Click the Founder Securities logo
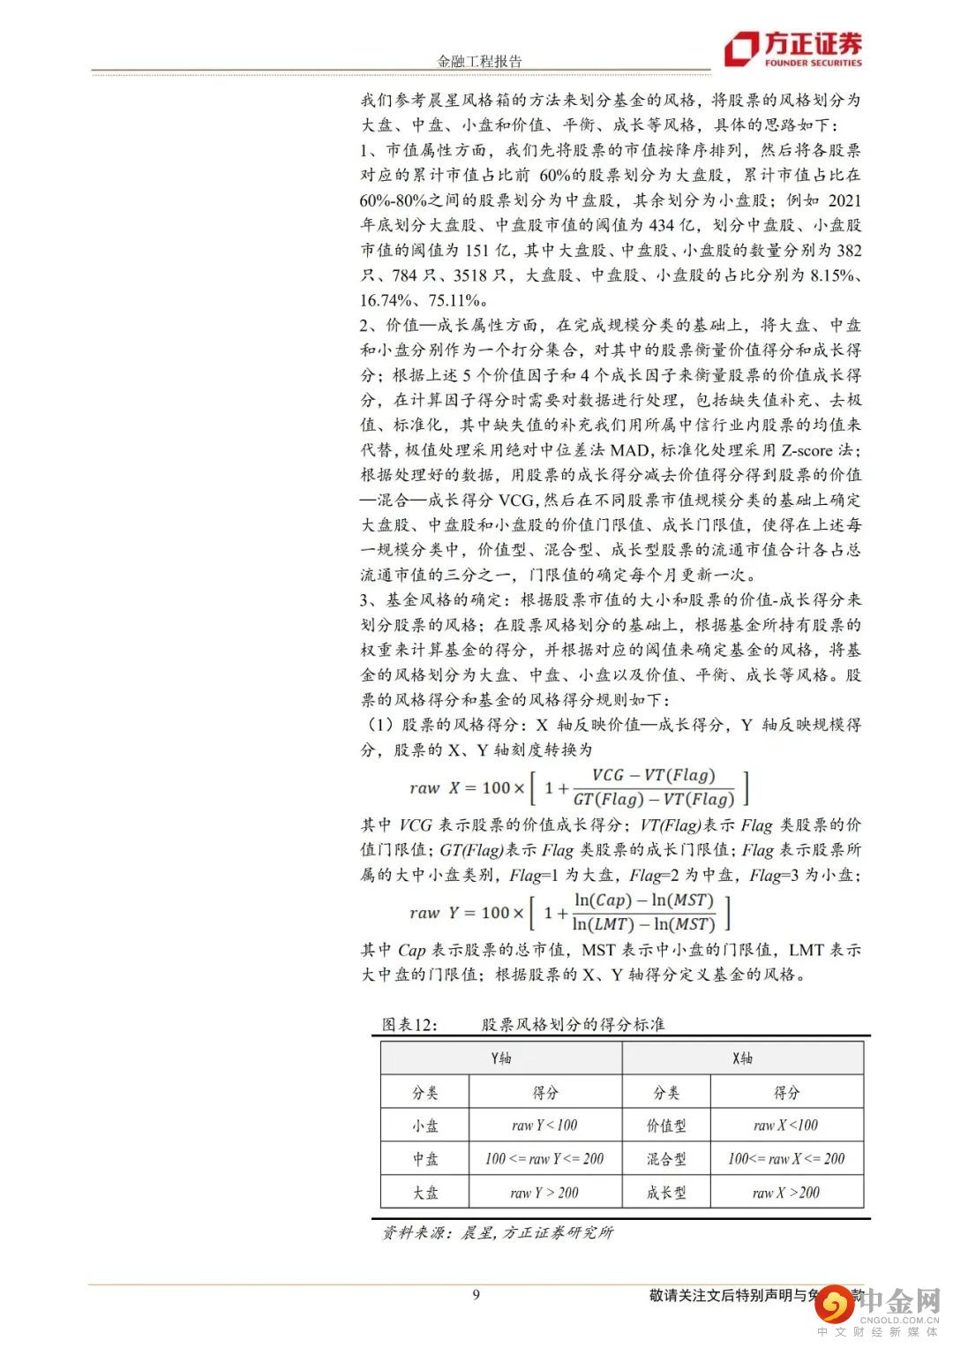(x=792, y=49)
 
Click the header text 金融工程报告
(x=480, y=61)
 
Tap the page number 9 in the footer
(x=476, y=1295)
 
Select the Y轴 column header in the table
(x=501, y=1058)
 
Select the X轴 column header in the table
(x=743, y=1058)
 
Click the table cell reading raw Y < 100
(x=544, y=1126)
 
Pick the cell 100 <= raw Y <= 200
(x=544, y=1159)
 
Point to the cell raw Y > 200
(x=544, y=1193)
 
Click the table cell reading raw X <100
(x=785, y=1126)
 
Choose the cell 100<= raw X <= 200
(x=785, y=1159)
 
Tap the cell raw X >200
(x=785, y=1193)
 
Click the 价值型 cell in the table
(x=666, y=1126)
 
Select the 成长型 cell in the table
(x=666, y=1193)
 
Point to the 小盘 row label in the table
(x=425, y=1126)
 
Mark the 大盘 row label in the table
(x=425, y=1193)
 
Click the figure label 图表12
(x=410, y=1025)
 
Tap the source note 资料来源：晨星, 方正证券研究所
(x=498, y=1232)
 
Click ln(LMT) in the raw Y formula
(x=604, y=924)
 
